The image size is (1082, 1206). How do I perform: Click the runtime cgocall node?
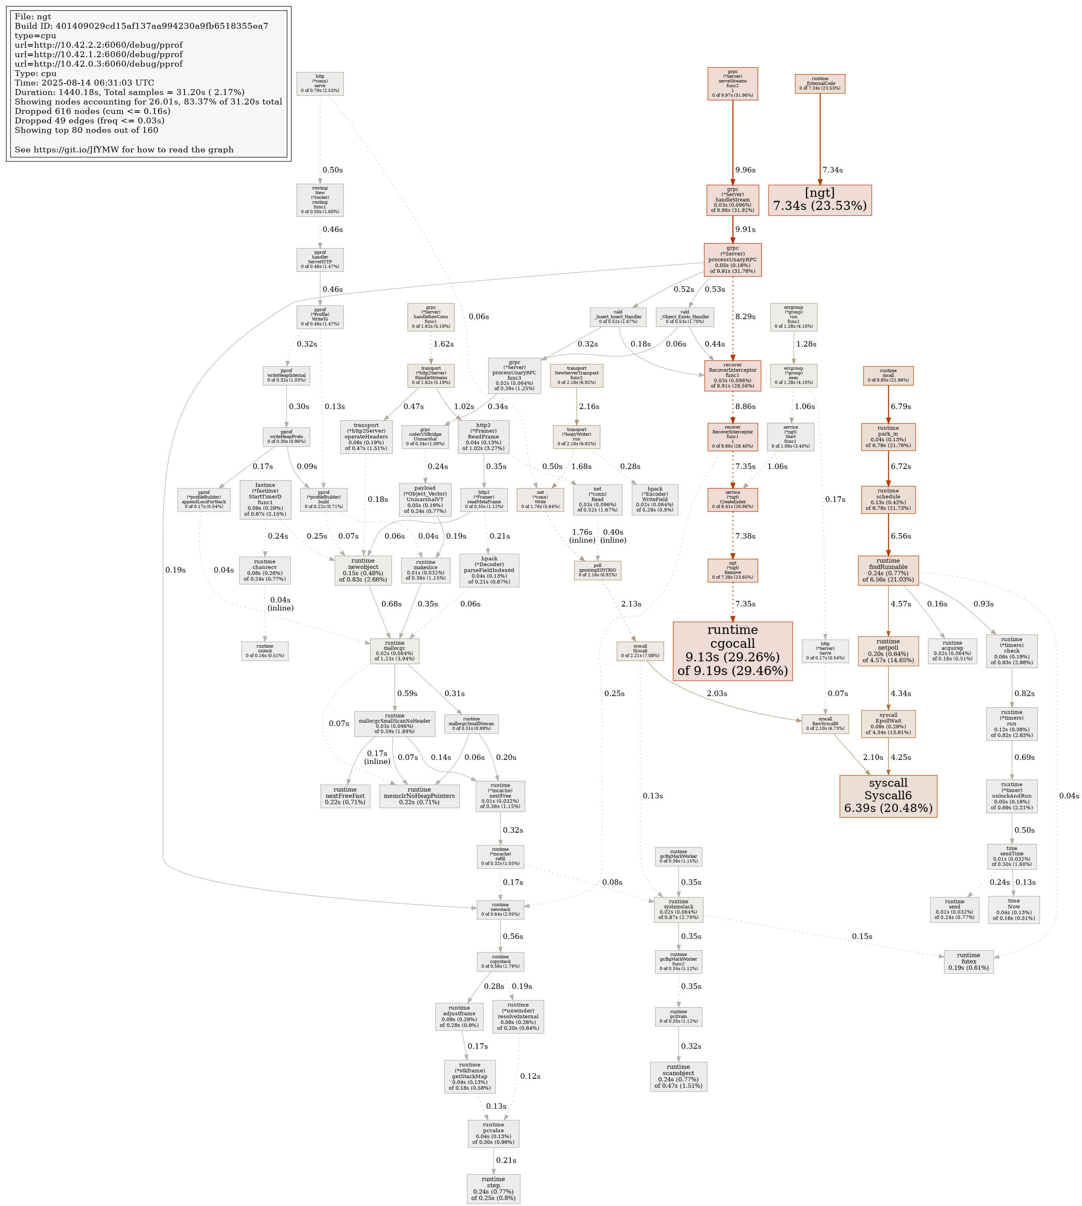tap(732, 651)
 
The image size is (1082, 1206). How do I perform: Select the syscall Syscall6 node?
tap(888, 796)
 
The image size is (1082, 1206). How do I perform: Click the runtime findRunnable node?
tap(888, 570)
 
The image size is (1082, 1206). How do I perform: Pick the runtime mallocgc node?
tap(394, 651)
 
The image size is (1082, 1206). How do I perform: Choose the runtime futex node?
tap(968, 962)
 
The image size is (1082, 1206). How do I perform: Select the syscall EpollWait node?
tap(888, 724)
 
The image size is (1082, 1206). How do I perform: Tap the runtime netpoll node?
tap(888, 651)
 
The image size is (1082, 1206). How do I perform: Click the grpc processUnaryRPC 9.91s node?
tap(732, 260)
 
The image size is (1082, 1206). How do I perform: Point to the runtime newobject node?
tap(363, 570)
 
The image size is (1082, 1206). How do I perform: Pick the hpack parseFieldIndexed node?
tap(489, 570)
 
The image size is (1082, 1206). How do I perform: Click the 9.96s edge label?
tap(745, 170)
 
